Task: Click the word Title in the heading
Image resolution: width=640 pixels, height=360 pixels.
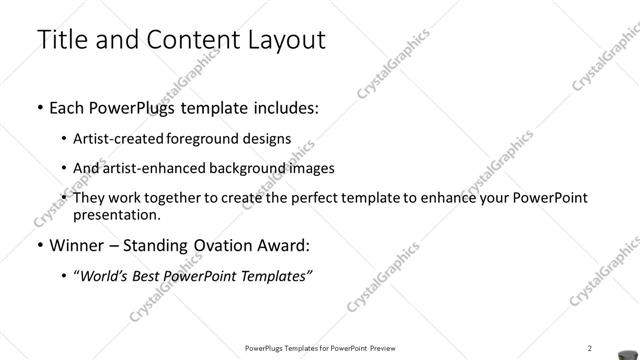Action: point(62,40)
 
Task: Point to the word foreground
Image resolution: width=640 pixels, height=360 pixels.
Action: point(209,139)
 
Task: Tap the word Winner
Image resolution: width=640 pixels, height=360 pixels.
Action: point(76,245)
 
